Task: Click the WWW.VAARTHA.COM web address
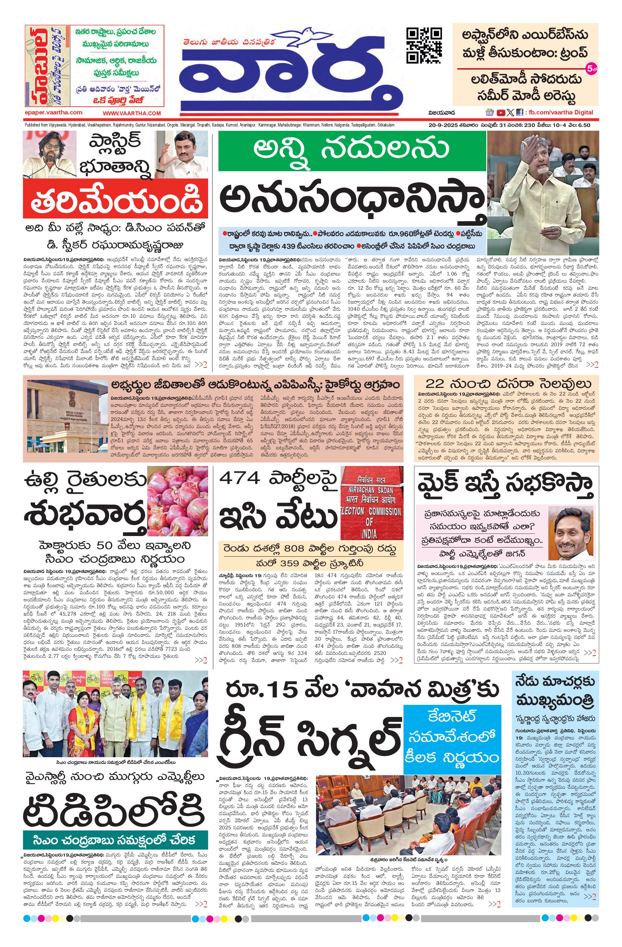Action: [132, 113]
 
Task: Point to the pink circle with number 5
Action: [591, 68]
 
